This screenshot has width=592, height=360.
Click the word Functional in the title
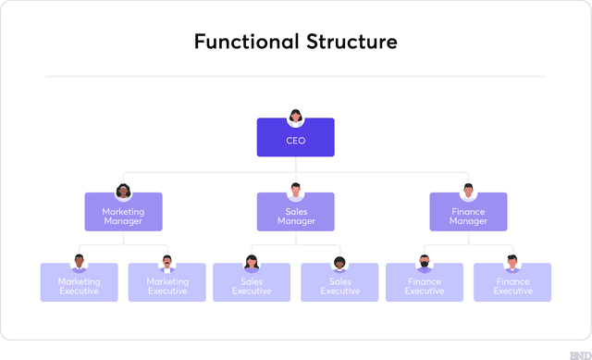[245, 42]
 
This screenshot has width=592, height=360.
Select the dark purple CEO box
[295, 139]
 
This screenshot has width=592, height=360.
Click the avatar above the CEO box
[296, 117]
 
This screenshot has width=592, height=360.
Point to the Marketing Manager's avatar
[124, 192]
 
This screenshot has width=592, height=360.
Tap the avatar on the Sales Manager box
[296, 191]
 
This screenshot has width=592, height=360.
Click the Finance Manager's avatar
[468, 191]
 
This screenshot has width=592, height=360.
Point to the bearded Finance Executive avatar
[425, 262]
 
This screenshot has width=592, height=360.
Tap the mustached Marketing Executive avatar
[167, 262]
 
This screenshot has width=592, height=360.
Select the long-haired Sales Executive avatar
[252, 262]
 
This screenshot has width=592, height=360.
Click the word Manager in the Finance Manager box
[468, 221]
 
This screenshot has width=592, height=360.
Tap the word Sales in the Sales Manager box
[296, 212]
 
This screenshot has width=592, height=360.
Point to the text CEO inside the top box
[295, 142]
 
